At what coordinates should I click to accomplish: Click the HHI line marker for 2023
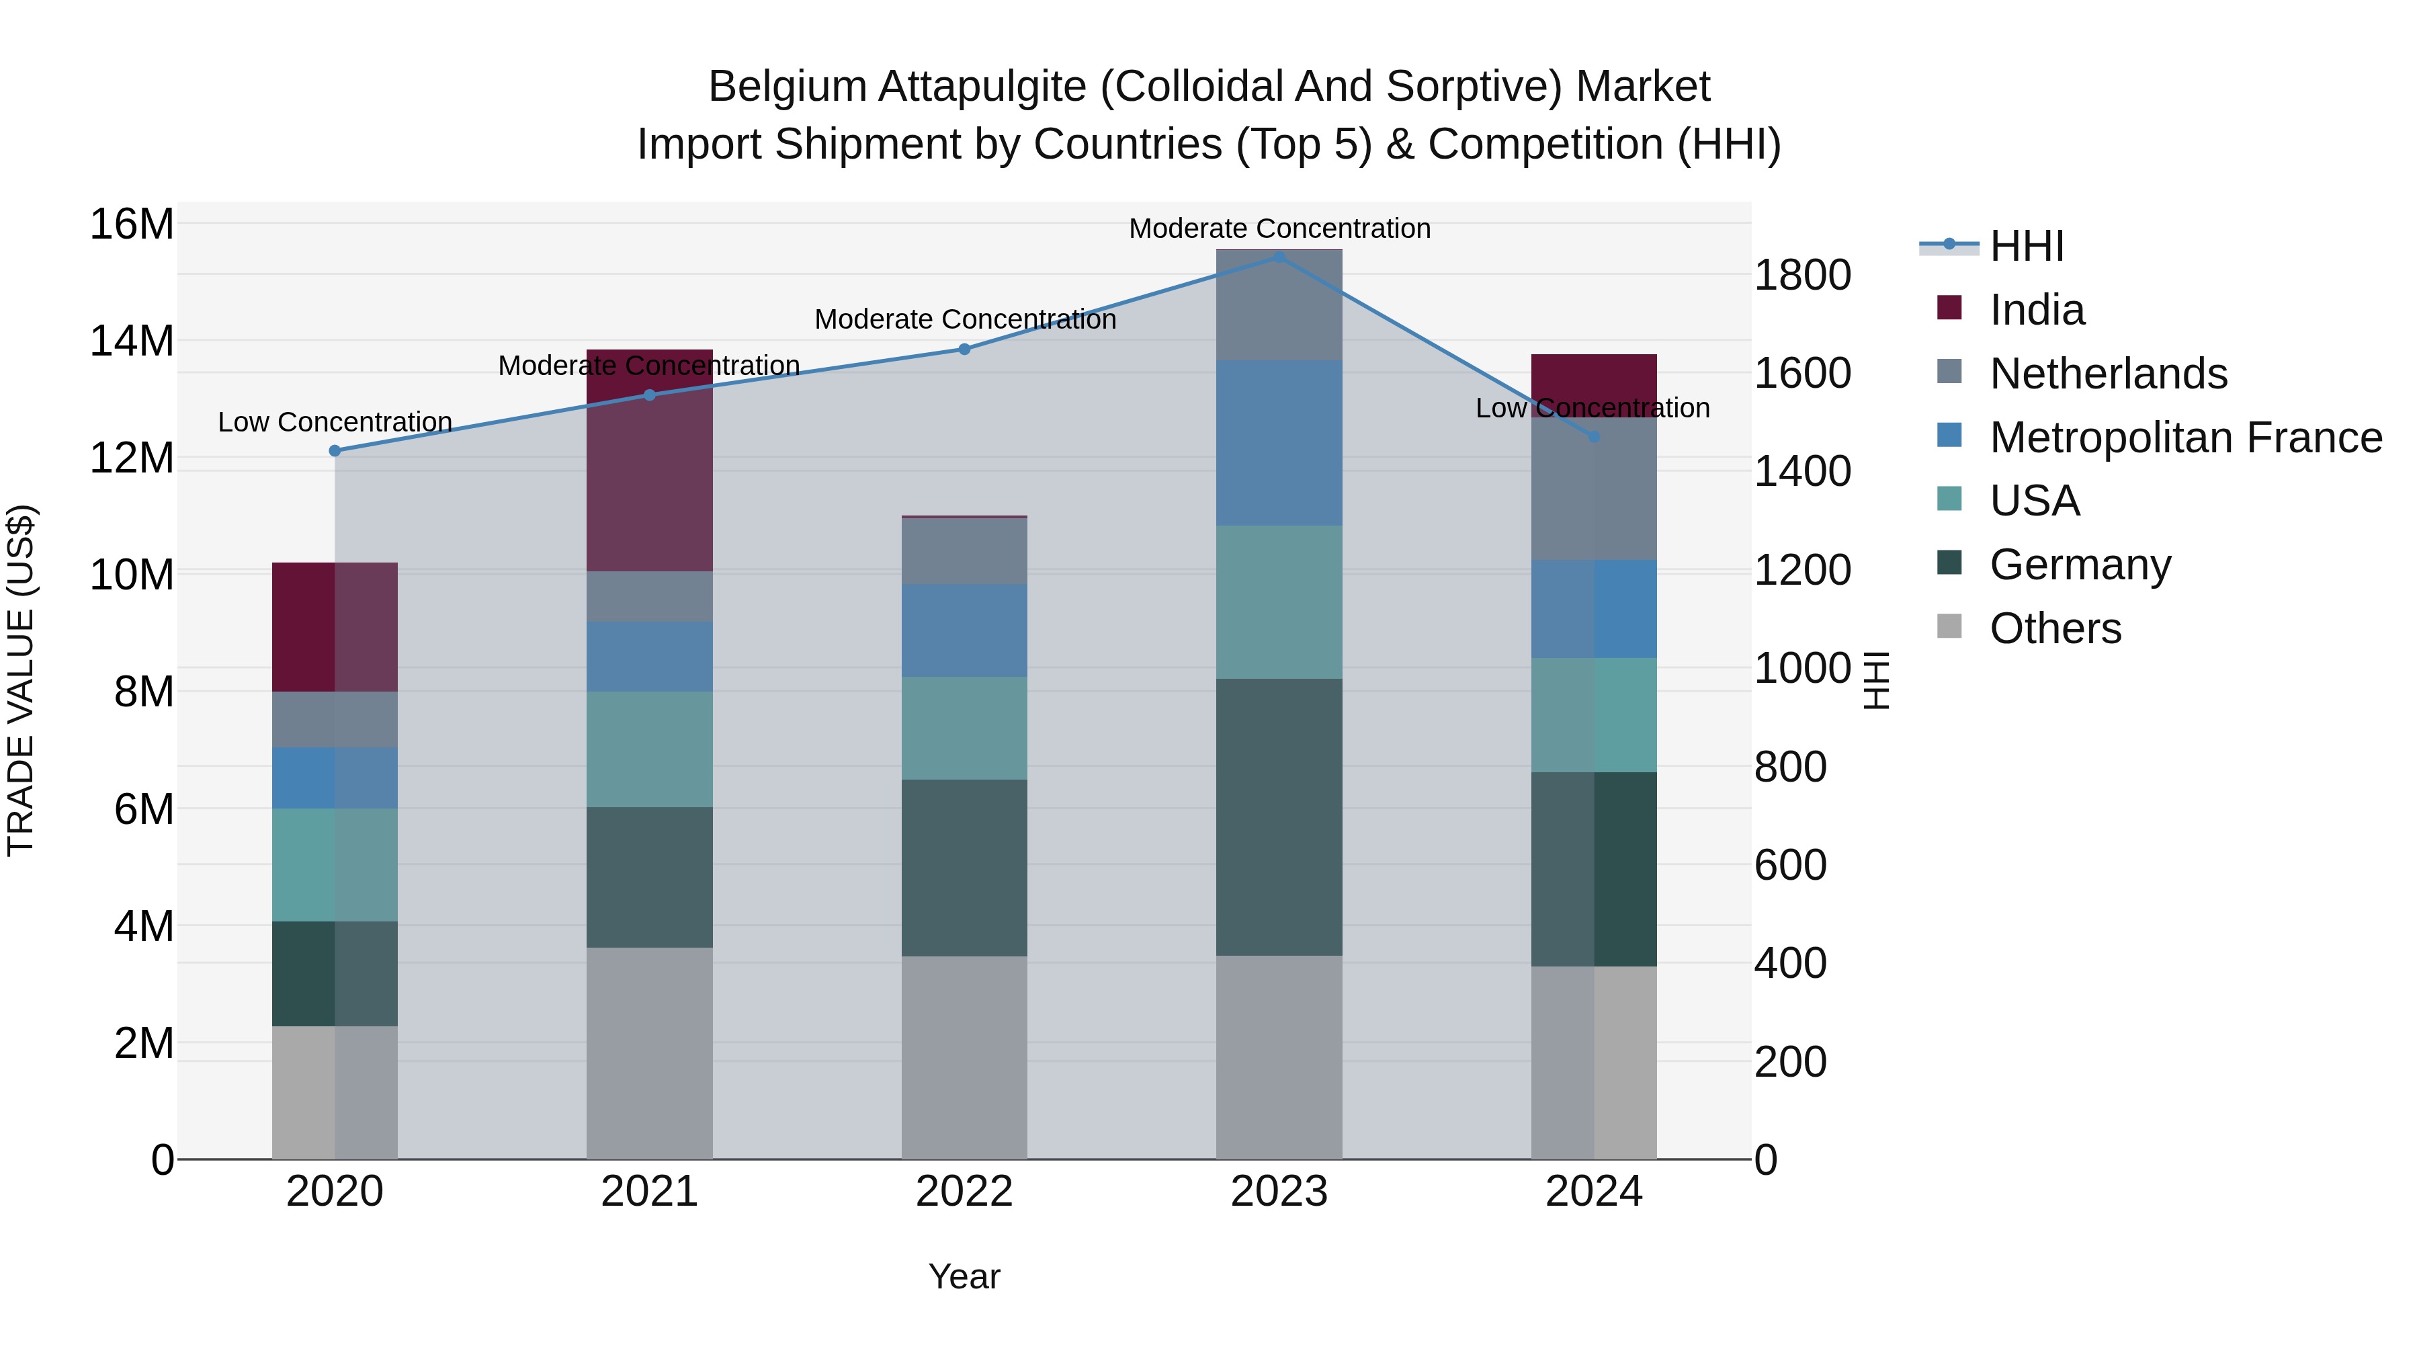point(1279,257)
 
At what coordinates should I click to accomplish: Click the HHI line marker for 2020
point(335,451)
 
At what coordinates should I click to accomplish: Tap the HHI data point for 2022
point(964,349)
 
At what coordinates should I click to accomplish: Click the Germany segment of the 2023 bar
point(1279,817)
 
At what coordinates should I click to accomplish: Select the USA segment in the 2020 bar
point(335,864)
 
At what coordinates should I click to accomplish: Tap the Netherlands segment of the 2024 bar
point(1594,489)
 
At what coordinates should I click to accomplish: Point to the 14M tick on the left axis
point(132,340)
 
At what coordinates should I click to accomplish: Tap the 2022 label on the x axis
point(964,1192)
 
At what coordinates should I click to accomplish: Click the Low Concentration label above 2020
point(335,423)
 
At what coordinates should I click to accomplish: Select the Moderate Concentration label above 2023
point(1279,229)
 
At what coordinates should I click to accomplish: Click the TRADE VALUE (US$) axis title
point(21,680)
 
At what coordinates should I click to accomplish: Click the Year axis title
point(964,1276)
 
